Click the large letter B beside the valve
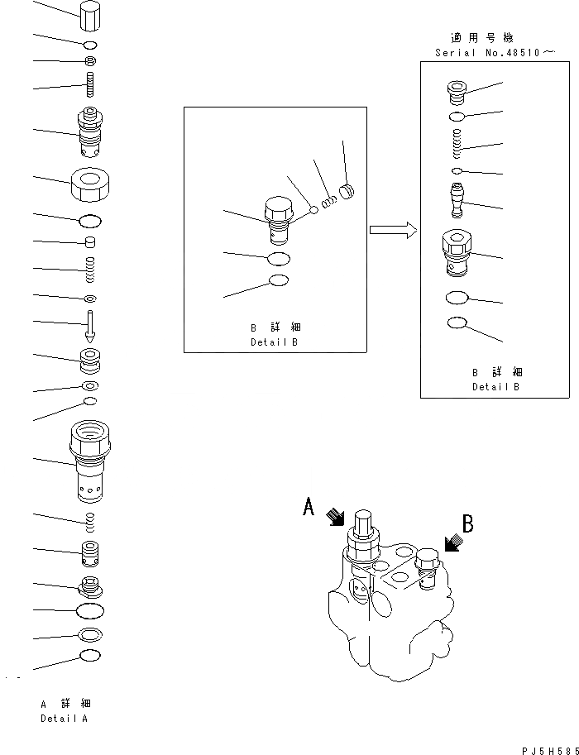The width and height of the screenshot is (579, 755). (x=467, y=523)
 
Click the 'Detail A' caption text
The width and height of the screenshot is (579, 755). (x=65, y=719)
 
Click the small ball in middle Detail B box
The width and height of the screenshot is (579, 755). (x=315, y=210)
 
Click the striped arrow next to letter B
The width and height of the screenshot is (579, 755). (x=451, y=542)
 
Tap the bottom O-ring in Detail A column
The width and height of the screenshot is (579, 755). (x=90, y=657)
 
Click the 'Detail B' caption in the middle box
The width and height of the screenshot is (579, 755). (x=274, y=342)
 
